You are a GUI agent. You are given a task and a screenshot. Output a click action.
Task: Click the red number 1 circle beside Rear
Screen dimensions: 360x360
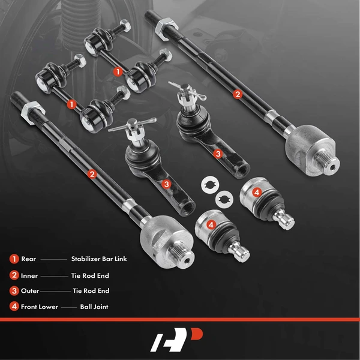pos(13,259)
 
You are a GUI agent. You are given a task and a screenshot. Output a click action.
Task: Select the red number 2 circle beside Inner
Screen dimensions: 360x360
pos(13,275)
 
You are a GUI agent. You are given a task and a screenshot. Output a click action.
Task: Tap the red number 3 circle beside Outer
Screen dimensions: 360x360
pos(13,291)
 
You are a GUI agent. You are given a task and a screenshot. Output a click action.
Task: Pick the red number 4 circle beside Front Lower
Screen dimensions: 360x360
pos(13,307)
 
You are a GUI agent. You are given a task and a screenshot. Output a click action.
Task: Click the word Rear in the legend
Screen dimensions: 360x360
pos(28,259)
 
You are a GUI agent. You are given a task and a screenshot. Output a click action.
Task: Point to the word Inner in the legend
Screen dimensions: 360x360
pos(29,275)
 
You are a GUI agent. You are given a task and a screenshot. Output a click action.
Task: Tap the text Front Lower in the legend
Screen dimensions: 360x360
pos(39,307)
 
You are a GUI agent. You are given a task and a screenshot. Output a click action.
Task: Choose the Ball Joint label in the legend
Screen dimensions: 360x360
pos(94,307)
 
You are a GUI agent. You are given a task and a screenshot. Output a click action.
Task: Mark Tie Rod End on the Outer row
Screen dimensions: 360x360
pos(91,291)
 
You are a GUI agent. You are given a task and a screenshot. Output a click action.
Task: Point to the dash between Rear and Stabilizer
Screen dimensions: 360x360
pos(54,259)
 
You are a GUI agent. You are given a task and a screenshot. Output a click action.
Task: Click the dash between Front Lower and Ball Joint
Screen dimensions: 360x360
pos(68,307)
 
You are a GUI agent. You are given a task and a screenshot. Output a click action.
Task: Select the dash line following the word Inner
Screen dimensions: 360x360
pos(55,275)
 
